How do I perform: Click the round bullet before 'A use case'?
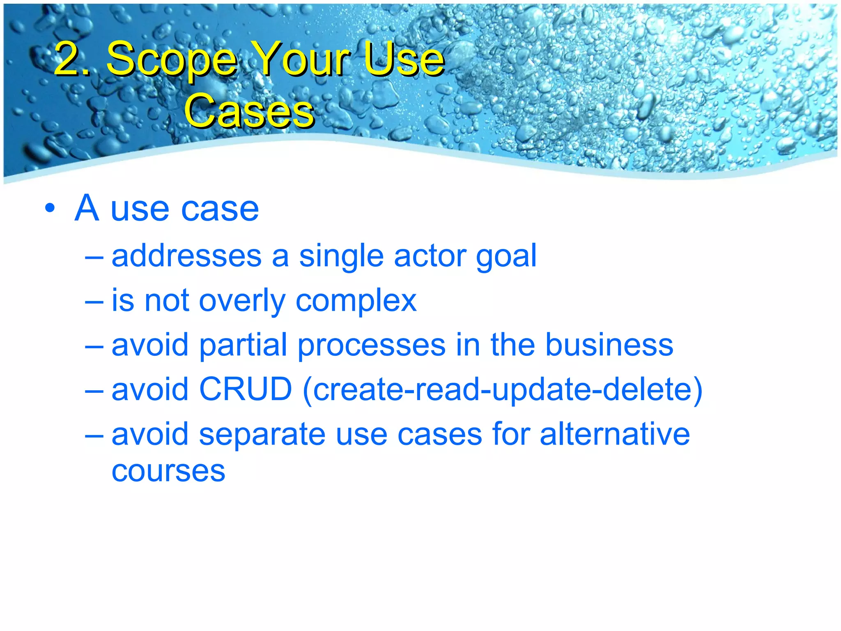click(x=50, y=208)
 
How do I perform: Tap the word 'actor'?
click(x=430, y=256)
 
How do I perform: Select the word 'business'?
click(x=609, y=345)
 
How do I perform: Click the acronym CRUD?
click(x=245, y=389)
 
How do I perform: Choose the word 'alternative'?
click(x=614, y=434)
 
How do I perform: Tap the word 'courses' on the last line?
click(x=168, y=471)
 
